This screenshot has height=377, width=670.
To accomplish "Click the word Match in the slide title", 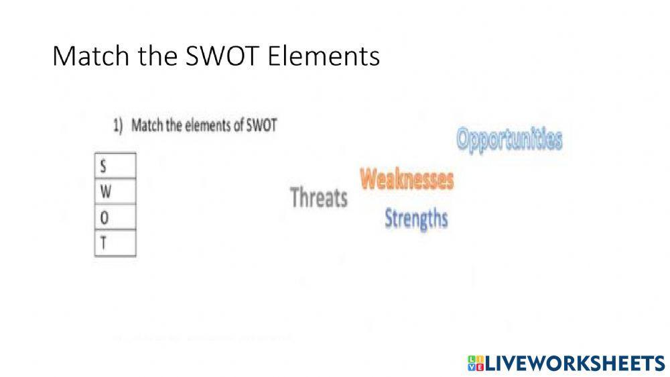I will (x=84, y=56).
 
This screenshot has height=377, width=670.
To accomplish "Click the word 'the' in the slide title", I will (x=148, y=56).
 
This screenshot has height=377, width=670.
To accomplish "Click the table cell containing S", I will (x=115, y=165).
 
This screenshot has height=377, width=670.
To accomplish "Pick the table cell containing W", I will (x=115, y=191).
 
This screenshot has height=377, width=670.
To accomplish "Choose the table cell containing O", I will (x=115, y=217).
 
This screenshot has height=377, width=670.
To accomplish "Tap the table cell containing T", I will (x=115, y=243).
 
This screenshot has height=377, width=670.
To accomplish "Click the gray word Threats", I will (x=319, y=198).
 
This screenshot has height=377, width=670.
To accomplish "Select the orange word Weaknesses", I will (x=407, y=179).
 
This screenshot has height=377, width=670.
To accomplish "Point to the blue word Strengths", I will (x=416, y=218).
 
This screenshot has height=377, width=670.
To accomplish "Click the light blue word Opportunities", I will (x=509, y=140).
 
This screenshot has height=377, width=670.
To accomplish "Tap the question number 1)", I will (x=118, y=125).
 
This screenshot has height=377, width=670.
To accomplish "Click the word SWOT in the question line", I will (x=261, y=125).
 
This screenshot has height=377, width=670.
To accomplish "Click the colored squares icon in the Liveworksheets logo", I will (x=476, y=364).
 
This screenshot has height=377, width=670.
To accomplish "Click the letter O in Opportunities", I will (x=464, y=139).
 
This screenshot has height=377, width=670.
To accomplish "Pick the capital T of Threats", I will (x=295, y=197).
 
